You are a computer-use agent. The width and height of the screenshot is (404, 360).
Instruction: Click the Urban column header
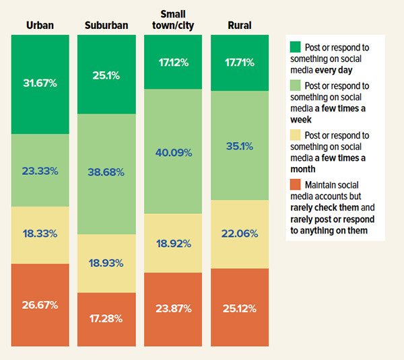pyautogui.click(x=40, y=26)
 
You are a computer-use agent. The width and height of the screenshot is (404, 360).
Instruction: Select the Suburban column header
pyautogui.click(x=106, y=26)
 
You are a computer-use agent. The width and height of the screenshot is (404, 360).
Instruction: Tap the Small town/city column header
pyautogui.click(x=173, y=20)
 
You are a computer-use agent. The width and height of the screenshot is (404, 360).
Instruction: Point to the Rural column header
pyautogui.click(x=239, y=26)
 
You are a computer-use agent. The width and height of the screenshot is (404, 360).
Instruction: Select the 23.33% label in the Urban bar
pyautogui.click(x=40, y=171)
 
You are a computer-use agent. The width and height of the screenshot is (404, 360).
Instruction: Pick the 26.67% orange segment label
pyautogui.click(x=40, y=305)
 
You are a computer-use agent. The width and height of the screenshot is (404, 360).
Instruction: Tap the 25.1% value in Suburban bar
pyautogui.click(x=106, y=75)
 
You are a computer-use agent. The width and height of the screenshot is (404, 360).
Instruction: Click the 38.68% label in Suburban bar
pyautogui.click(x=106, y=172)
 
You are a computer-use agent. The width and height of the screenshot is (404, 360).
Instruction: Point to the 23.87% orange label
pyautogui.click(x=173, y=309)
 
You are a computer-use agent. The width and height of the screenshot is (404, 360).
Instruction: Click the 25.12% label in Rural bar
pyautogui.click(x=239, y=308)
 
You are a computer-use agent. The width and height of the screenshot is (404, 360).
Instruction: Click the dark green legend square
pyautogui.click(x=295, y=47)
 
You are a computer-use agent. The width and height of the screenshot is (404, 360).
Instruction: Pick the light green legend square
pyautogui.click(x=295, y=86)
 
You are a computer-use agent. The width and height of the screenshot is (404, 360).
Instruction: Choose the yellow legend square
pyautogui.click(x=295, y=135)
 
